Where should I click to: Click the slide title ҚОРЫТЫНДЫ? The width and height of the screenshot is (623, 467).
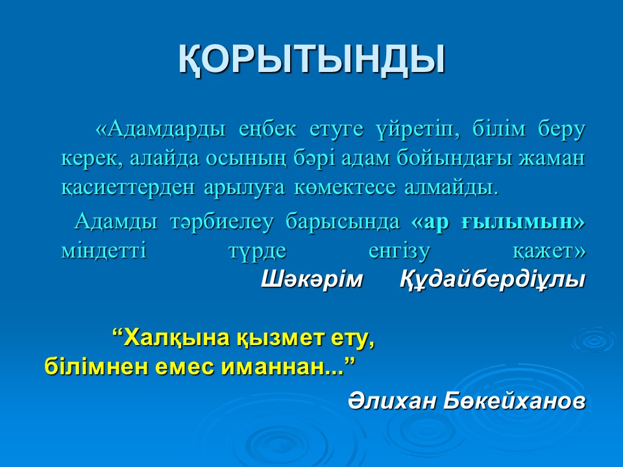[x=311, y=60]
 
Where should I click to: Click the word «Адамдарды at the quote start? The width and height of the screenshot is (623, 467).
[x=160, y=130]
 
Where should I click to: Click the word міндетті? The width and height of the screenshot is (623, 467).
[x=104, y=252]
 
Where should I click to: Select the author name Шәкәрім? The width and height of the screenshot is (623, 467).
[x=312, y=280]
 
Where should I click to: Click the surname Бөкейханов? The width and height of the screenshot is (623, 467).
[x=514, y=401]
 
